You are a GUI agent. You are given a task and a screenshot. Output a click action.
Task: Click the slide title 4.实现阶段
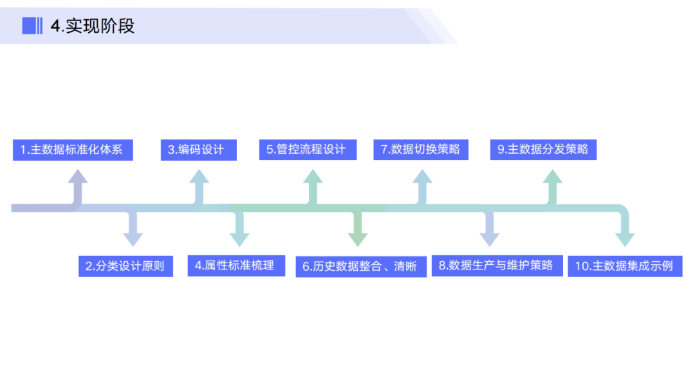pyautogui.click(x=93, y=26)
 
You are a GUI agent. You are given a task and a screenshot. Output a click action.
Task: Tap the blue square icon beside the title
pyautogui.click(x=30, y=26)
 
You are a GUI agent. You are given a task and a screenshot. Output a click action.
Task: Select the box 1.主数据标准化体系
pyautogui.click(x=72, y=150)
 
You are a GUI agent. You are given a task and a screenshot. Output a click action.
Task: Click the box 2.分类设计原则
pyautogui.click(x=125, y=266)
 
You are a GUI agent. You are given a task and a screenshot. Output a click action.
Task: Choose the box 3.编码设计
pyautogui.click(x=198, y=150)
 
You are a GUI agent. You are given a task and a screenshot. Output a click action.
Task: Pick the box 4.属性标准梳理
pyautogui.click(x=236, y=265)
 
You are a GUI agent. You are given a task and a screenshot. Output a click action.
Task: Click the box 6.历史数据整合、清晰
pyautogui.click(x=361, y=266)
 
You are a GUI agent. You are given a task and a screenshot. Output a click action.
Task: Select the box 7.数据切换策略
pyautogui.click(x=421, y=150)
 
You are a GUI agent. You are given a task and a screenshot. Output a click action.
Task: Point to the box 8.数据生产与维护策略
pyautogui.click(x=497, y=265)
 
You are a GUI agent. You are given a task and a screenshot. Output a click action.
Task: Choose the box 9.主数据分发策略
pyautogui.click(x=543, y=150)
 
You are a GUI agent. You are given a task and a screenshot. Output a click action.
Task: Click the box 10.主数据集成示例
pyautogui.click(x=625, y=266)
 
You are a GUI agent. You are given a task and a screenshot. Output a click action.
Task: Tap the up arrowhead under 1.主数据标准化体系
pyautogui.click(x=78, y=177)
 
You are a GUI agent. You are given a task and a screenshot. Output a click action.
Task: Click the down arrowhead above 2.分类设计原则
pyautogui.click(x=133, y=239)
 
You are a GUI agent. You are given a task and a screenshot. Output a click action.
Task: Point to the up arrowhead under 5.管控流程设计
pyautogui.click(x=313, y=177)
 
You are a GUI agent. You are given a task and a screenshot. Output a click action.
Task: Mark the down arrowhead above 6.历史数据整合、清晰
pyautogui.click(x=358, y=239)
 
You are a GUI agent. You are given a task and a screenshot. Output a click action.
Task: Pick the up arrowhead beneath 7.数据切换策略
pyautogui.click(x=422, y=177)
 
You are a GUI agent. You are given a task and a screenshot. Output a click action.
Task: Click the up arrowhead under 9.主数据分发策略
pyautogui.click(x=551, y=177)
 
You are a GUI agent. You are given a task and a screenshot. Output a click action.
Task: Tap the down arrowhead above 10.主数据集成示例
pyautogui.click(x=625, y=239)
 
